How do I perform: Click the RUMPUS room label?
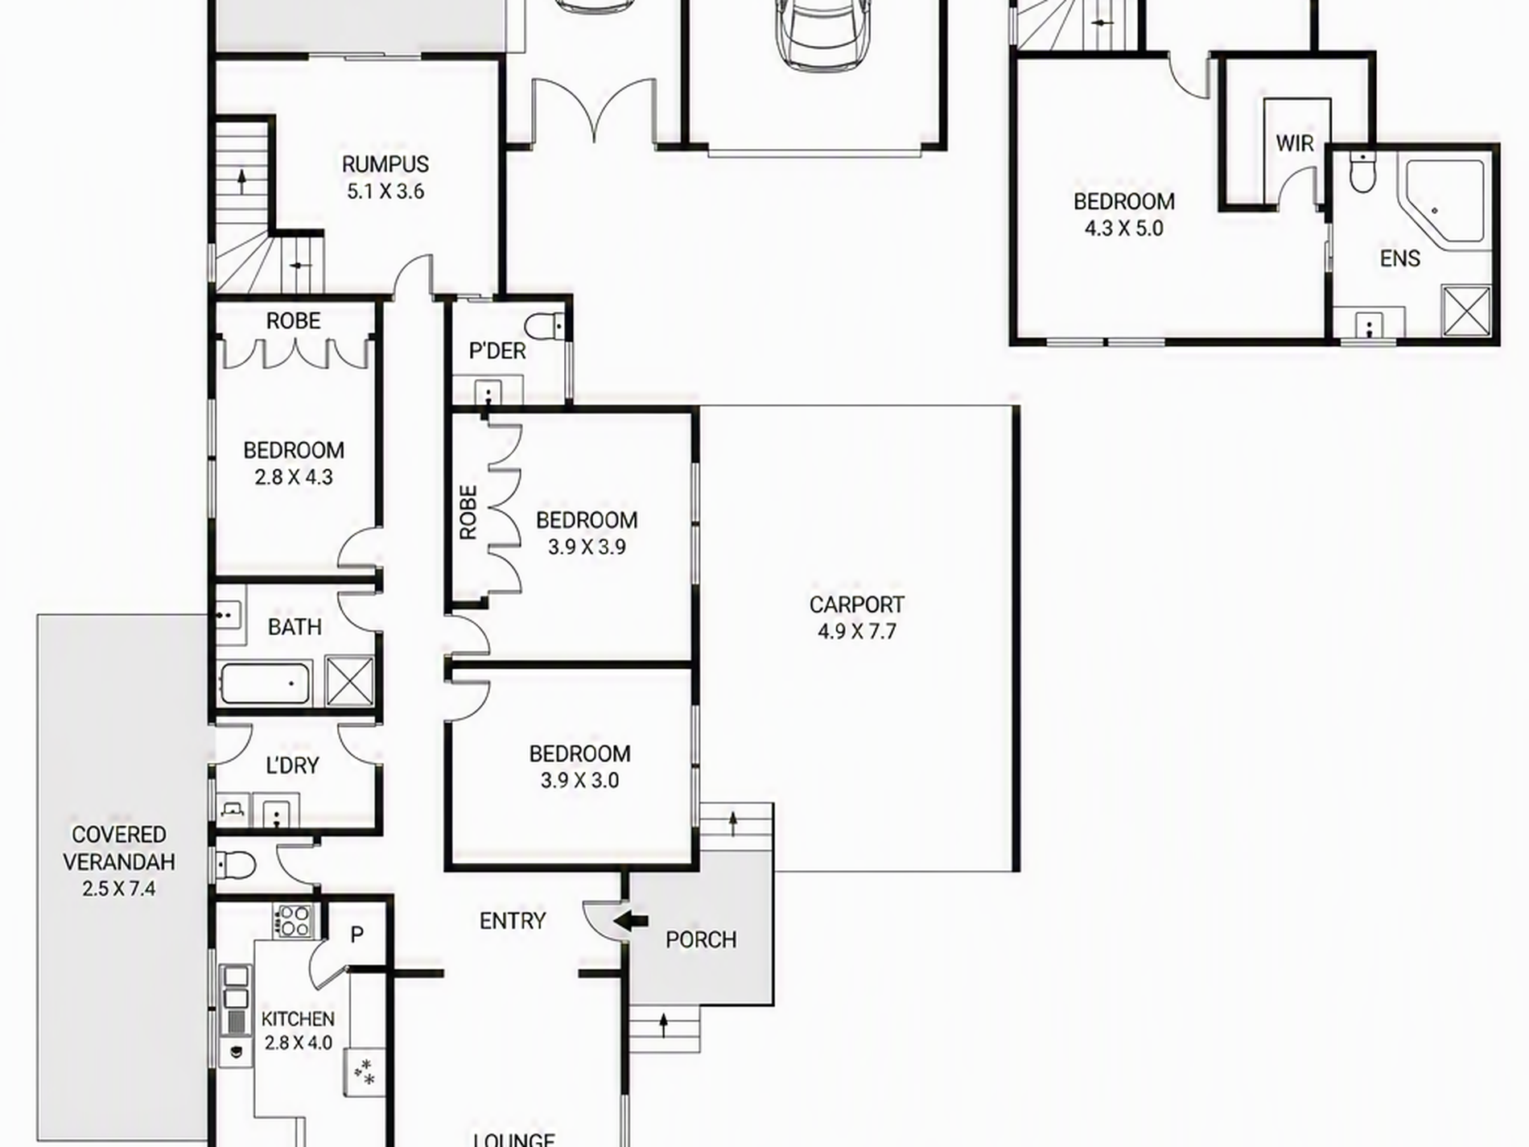click(x=385, y=164)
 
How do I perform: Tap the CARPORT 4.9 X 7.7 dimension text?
click(x=856, y=632)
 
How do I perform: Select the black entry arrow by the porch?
click(x=631, y=921)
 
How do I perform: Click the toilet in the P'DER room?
click(x=545, y=325)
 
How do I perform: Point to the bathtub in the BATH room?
click(x=265, y=684)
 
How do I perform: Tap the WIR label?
click(x=1295, y=143)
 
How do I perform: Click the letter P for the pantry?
click(x=357, y=935)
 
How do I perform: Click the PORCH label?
click(x=701, y=939)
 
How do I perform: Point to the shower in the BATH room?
click(x=349, y=681)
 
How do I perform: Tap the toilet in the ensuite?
click(x=1362, y=171)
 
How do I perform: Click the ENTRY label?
click(x=513, y=920)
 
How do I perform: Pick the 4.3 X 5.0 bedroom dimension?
click(x=1124, y=229)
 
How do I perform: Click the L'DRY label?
click(x=291, y=765)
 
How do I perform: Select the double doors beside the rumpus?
click(x=594, y=112)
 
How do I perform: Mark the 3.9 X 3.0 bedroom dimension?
click(x=579, y=780)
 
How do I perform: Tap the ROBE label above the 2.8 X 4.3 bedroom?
click(x=293, y=320)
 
